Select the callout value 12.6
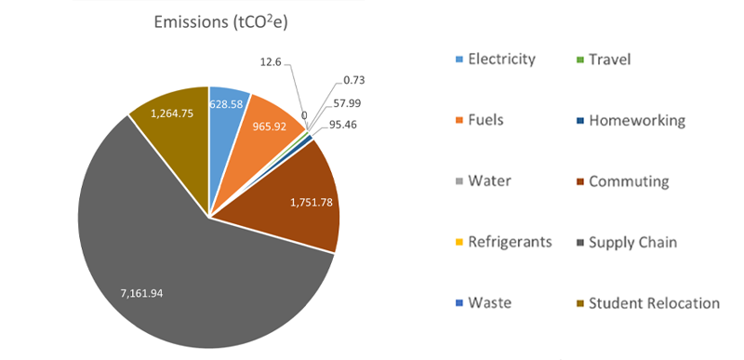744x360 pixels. click(271, 62)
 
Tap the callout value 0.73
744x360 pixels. click(354, 81)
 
